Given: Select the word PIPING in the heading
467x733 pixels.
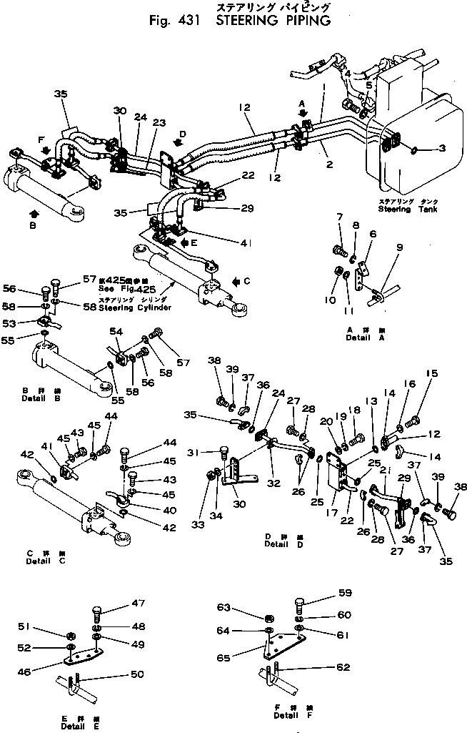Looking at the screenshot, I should (x=300, y=21).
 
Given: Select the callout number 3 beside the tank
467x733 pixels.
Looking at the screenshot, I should (x=442, y=148).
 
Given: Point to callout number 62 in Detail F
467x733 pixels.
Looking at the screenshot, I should (x=344, y=668).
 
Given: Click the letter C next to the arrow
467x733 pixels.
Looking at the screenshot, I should (x=247, y=281).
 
